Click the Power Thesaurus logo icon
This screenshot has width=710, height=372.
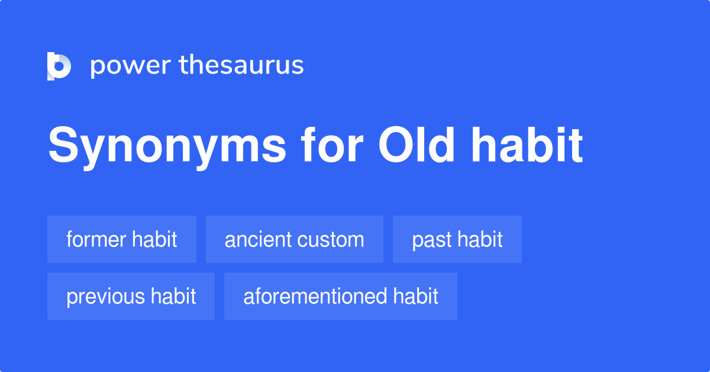tap(59, 66)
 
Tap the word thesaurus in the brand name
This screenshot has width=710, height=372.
tap(241, 66)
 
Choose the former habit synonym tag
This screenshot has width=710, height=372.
tap(122, 239)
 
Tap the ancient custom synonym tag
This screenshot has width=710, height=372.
tap(294, 239)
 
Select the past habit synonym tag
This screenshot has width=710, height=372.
tap(457, 239)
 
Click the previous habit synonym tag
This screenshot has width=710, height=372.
tap(131, 296)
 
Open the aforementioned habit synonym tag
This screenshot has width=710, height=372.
tap(341, 296)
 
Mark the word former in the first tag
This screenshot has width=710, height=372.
tap(96, 239)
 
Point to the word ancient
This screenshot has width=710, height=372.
tap(258, 239)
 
